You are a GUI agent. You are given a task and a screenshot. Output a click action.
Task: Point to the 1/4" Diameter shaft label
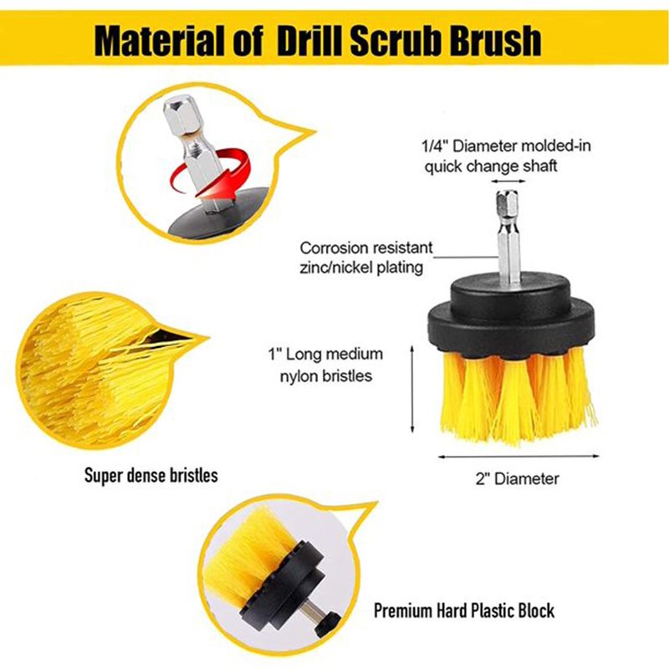click(506, 156)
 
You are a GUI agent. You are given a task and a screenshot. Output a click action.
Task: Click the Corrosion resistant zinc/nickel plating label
click(365, 258)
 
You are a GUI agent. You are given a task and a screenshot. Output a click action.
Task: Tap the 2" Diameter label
click(517, 478)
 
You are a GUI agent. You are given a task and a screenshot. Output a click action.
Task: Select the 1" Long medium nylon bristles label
click(325, 365)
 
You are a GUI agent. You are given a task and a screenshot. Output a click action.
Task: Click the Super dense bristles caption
click(151, 475)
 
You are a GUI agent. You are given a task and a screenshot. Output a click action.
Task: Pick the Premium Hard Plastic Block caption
click(464, 610)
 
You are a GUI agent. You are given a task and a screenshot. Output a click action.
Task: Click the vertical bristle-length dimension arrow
click(412, 389)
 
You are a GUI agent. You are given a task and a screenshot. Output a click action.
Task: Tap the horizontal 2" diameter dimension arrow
click(518, 457)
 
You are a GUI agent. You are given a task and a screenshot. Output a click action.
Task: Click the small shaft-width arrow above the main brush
click(508, 181)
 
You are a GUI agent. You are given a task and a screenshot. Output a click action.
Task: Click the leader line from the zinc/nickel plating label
click(466, 258)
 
